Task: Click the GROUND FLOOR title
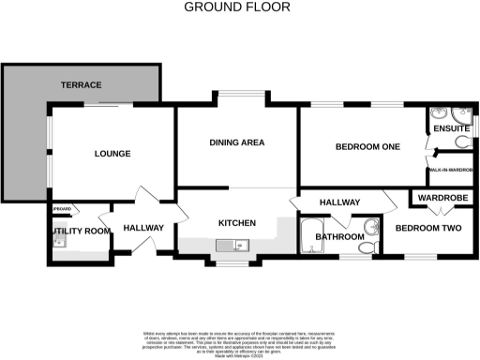236,7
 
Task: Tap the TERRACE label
82,85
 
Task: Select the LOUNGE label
112,153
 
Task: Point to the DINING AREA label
236,142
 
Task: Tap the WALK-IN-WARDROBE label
452,170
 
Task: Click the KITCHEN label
236,223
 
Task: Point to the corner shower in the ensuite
441,116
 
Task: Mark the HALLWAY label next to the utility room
143,228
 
